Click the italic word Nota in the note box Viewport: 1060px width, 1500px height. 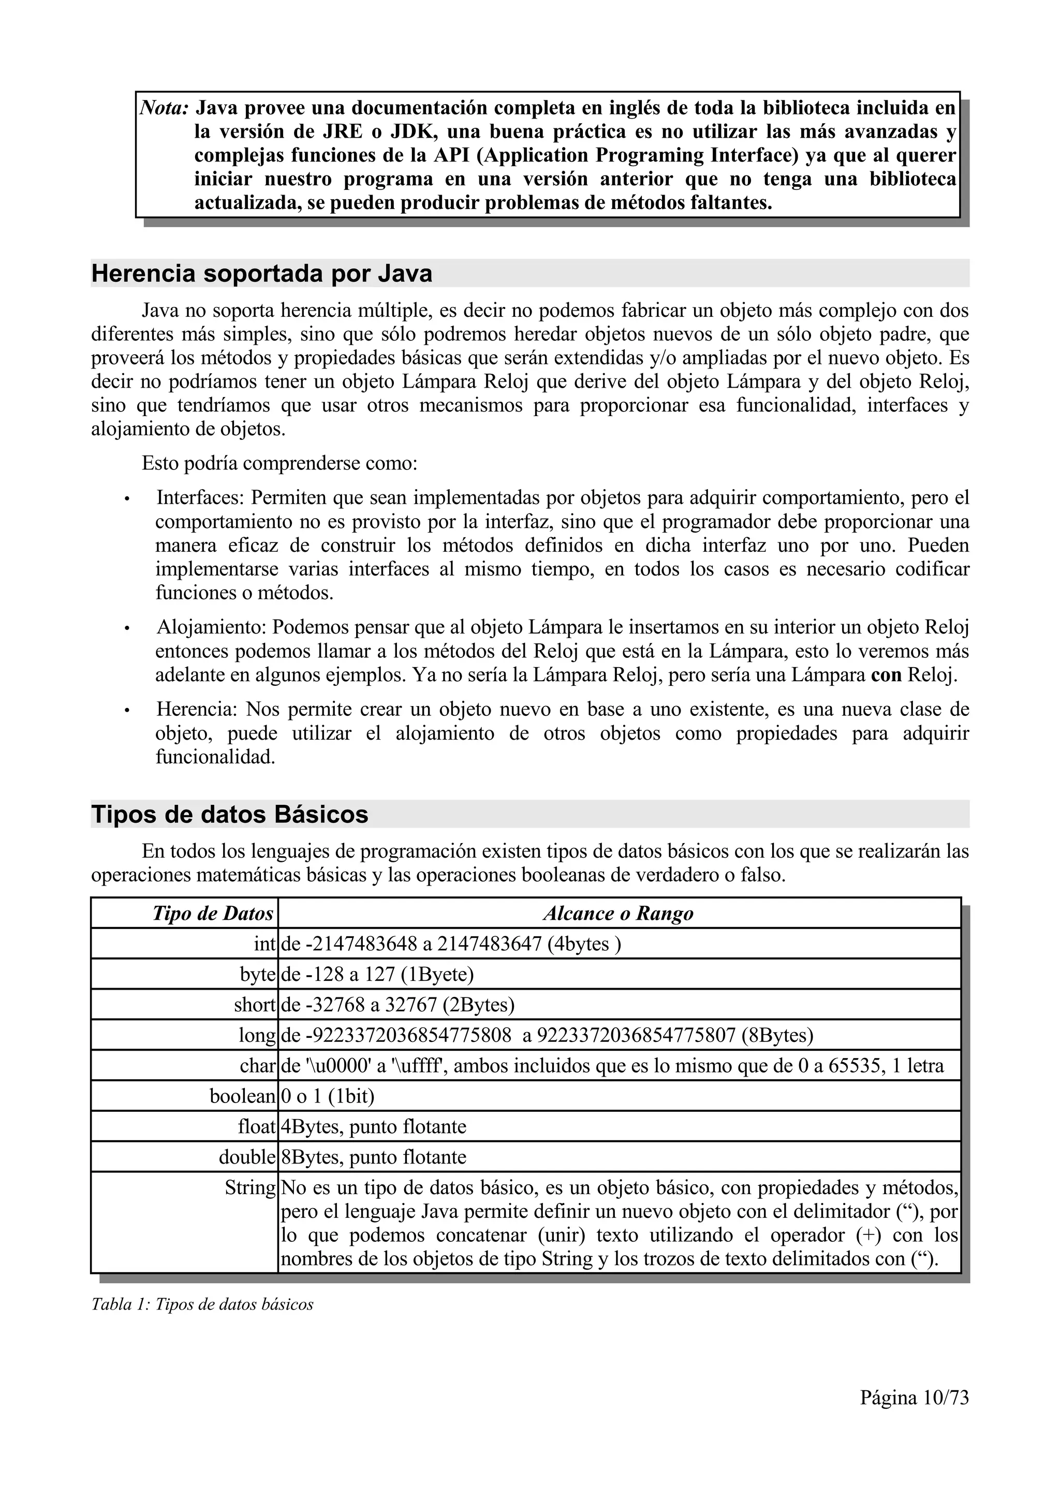click(x=165, y=107)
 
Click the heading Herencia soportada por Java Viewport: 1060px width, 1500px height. click(x=261, y=273)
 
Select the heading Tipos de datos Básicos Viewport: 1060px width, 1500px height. click(x=229, y=814)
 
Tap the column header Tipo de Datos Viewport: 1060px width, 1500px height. click(x=212, y=914)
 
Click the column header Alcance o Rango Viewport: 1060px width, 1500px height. click(x=618, y=914)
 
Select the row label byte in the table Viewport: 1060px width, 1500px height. click(x=257, y=974)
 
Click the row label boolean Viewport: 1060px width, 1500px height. click(x=242, y=1096)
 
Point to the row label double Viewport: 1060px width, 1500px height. click(x=247, y=1157)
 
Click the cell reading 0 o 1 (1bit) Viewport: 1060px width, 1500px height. click(x=327, y=1096)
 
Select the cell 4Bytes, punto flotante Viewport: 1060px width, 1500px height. click(x=373, y=1127)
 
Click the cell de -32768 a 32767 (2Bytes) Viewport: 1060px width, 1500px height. click(x=397, y=1005)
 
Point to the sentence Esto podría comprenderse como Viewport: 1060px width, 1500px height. click(x=279, y=464)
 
